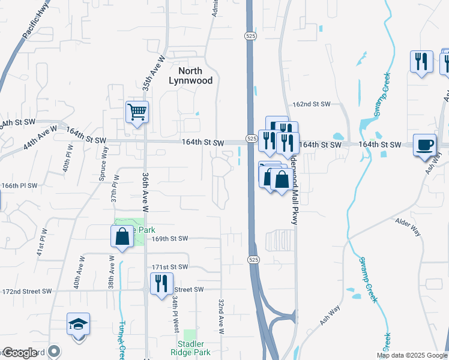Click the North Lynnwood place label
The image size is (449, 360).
tap(191, 76)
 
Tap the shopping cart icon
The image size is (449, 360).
tap(137, 112)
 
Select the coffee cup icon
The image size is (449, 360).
tap(425, 145)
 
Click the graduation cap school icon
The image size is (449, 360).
tap(78, 324)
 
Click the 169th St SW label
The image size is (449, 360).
tap(170, 239)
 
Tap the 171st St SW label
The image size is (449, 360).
tap(170, 267)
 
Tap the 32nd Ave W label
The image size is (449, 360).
tap(221, 317)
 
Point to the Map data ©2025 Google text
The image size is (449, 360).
tap(411, 355)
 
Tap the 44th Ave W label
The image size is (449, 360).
tap(40, 138)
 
